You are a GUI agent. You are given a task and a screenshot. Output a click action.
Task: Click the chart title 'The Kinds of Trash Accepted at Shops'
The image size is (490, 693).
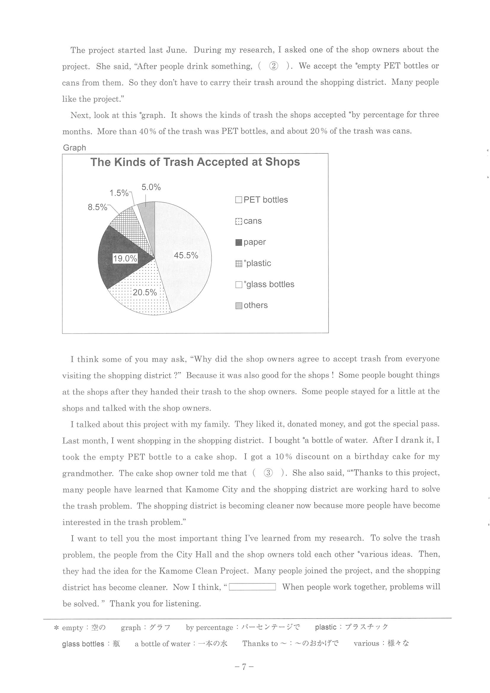tap(195, 162)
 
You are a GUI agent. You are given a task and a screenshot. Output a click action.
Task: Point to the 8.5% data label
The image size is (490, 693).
tap(97, 207)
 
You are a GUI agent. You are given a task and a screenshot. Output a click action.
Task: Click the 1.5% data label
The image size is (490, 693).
tap(119, 193)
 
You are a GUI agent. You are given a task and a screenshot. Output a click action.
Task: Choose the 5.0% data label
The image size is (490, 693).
tap(151, 187)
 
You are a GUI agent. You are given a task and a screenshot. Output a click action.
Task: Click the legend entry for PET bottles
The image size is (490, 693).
tap(262, 200)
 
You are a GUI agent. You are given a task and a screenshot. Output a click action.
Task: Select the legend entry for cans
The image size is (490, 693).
tap(249, 221)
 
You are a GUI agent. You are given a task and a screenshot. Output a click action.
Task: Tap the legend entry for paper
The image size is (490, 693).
tap(251, 242)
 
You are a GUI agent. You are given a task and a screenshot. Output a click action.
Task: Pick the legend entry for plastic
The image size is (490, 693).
tap(253, 263)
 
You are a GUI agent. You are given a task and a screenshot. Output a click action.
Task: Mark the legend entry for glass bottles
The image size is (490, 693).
tap(265, 284)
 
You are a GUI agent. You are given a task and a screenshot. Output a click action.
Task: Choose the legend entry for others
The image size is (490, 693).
tap(252, 305)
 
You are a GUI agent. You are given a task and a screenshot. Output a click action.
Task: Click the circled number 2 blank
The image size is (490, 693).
tap(273, 66)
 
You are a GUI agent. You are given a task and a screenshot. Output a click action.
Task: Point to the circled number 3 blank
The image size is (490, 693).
tap(268, 473)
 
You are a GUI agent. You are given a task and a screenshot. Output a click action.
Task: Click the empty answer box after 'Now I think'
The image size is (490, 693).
tap(252, 587)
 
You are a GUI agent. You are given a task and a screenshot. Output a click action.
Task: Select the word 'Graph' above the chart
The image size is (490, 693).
tap(74, 147)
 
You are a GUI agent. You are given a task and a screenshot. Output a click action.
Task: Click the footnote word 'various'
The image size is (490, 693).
tap(366, 643)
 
